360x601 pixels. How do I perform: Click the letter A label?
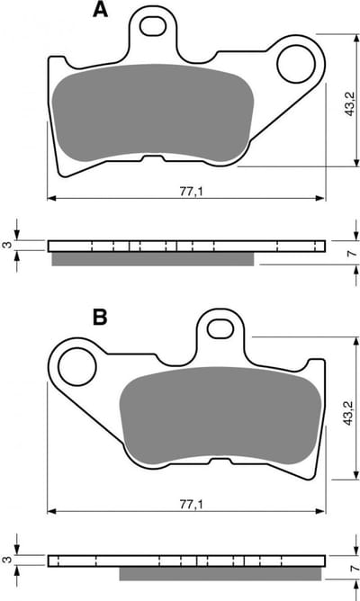(x=101, y=11)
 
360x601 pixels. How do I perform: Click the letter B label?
(x=100, y=318)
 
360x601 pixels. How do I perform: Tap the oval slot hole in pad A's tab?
(x=153, y=26)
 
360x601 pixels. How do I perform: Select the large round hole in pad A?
(x=295, y=64)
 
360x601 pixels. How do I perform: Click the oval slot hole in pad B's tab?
(x=220, y=329)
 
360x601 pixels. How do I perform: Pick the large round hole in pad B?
(x=77, y=367)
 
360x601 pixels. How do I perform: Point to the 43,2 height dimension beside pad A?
(x=350, y=104)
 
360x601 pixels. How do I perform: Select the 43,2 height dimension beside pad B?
(x=348, y=412)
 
